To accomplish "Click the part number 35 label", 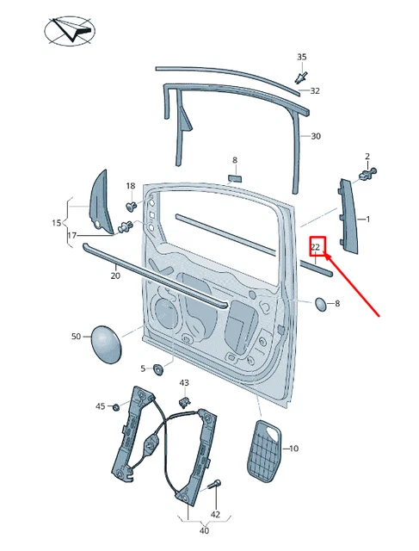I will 302,57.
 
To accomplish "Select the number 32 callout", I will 315,90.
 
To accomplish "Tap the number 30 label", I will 316,136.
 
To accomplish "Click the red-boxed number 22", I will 317,247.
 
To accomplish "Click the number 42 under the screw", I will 216,514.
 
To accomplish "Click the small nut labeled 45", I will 115,406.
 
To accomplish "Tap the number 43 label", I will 184,382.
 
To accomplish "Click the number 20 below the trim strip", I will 115,276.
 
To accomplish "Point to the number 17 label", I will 72,235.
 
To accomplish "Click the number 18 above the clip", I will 131,186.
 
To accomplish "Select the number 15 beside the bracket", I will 56,223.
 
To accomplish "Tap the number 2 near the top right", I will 367,157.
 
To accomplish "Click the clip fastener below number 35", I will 300,77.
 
